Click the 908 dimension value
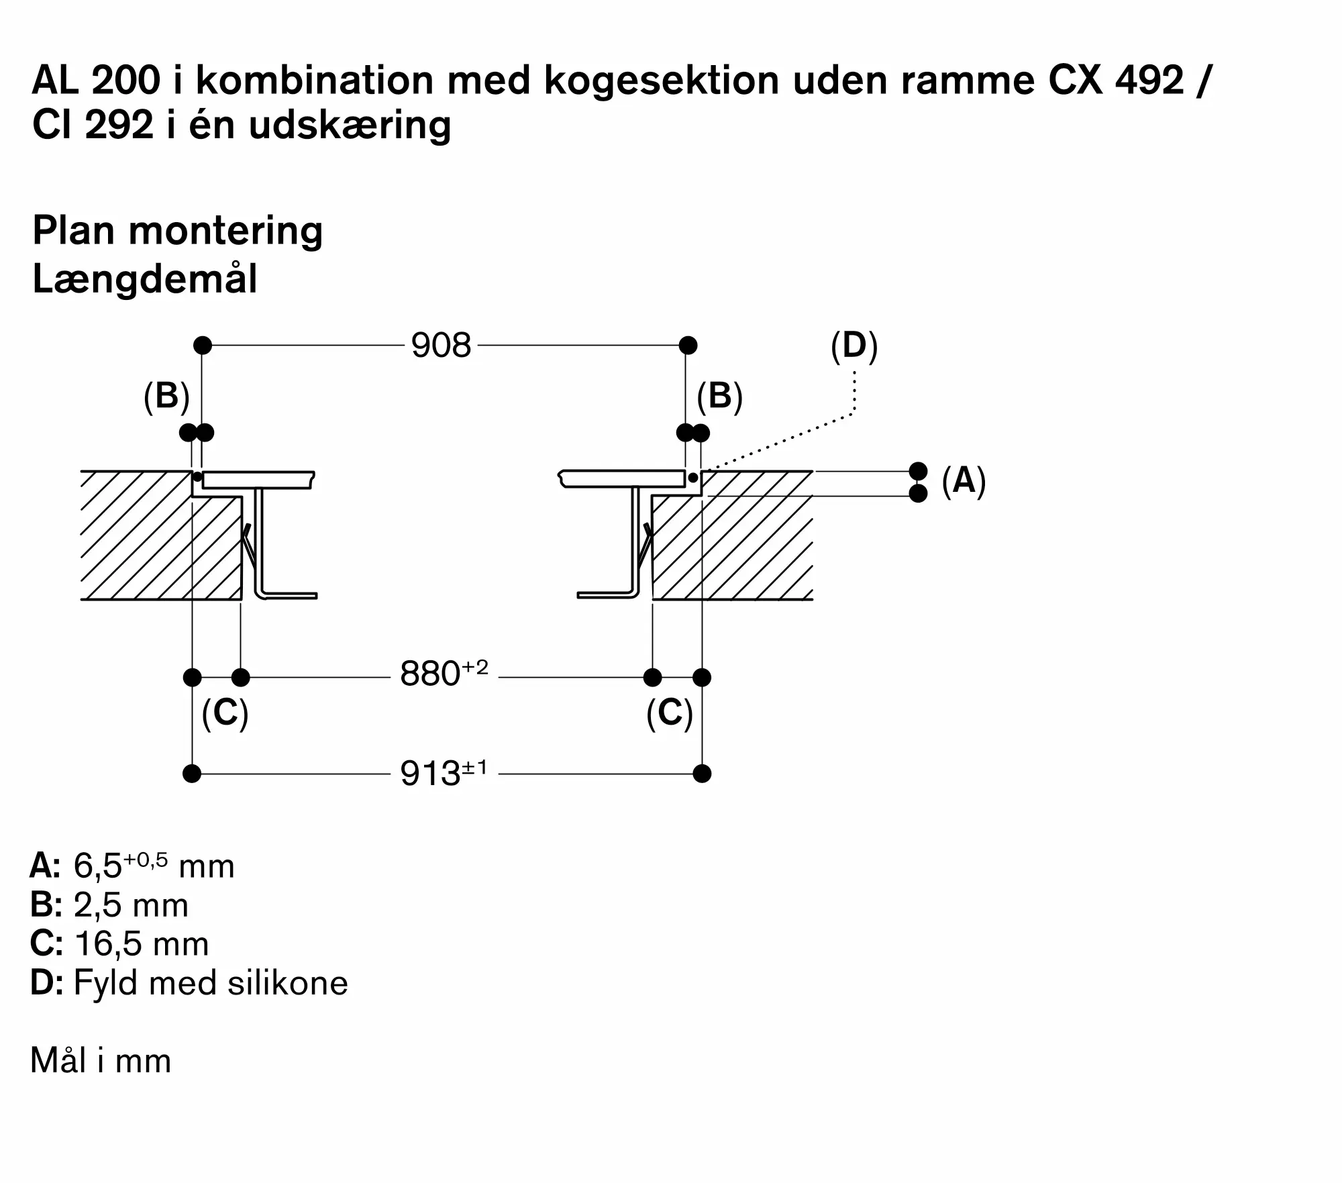point(441,346)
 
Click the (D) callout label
point(854,346)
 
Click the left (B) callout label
point(166,396)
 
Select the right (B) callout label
point(719,396)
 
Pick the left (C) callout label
point(225,713)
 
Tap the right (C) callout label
point(669,713)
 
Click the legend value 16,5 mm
point(142,943)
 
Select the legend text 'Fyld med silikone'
point(211,983)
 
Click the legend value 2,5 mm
point(131,905)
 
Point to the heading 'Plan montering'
point(178,231)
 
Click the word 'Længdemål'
point(145,279)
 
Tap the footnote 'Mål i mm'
point(101,1061)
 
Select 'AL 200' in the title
point(96,81)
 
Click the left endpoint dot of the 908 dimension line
point(203,346)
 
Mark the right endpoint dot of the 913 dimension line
point(702,774)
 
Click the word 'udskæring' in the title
point(350,125)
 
